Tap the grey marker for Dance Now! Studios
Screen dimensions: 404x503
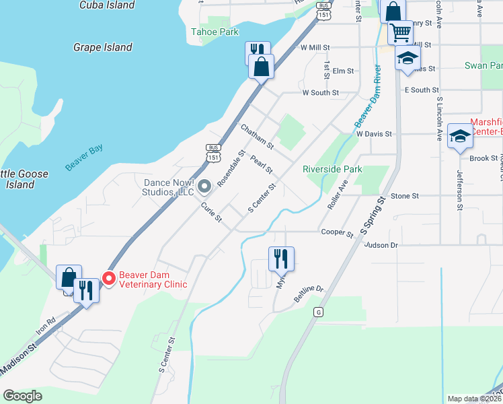click(206, 187)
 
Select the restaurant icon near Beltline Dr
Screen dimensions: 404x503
click(281, 258)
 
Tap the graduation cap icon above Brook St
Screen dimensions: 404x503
click(460, 136)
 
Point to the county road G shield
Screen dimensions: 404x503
click(318, 312)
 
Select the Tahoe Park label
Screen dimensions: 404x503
click(215, 32)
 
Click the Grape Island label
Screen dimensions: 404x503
click(103, 48)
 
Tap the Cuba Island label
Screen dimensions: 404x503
click(106, 5)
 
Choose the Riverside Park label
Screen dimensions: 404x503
click(332, 169)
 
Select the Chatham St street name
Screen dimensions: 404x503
click(258, 136)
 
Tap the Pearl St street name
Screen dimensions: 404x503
click(261, 164)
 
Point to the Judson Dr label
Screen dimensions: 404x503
click(381, 245)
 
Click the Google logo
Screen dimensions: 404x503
click(23, 396)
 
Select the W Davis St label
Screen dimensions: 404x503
click(374, 134)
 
